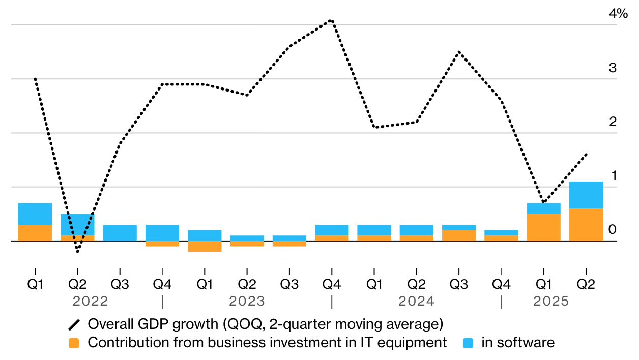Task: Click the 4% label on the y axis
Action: [618, 14]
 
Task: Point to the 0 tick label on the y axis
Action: [613, 229]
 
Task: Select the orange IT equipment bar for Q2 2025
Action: [586, 225]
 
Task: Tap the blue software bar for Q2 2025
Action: [586, 195]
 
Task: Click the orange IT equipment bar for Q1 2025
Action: [543, 227]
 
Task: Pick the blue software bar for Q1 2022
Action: [35, 214]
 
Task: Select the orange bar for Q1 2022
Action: [35, 233]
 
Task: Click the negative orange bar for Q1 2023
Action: [205, 247]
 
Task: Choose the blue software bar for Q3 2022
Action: [120, 233]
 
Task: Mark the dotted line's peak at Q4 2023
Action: [332, 20]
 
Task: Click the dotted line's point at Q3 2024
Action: [459, 52]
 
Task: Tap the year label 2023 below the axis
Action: [247, 302]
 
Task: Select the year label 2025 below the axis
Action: [551, 302]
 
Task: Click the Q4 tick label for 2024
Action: [501, 285]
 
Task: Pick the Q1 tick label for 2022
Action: [35, 285]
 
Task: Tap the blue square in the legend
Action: [469, 343]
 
